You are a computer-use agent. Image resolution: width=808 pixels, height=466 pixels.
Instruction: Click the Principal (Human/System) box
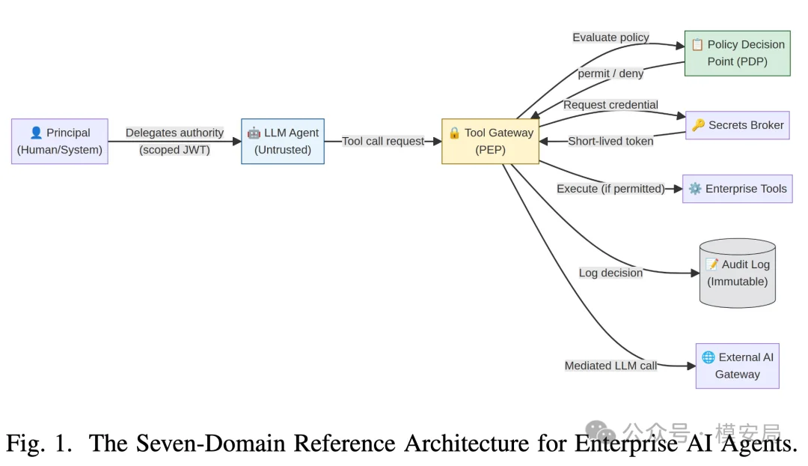pos(60,142)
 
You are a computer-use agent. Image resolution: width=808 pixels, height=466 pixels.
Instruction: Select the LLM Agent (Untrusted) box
pos(283,142)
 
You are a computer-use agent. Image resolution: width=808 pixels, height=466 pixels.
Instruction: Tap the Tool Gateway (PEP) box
pos(491,142)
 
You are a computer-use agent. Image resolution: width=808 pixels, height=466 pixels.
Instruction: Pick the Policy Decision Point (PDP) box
pos(738,53)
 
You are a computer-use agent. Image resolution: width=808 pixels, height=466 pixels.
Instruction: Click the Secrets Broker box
pos(738,125)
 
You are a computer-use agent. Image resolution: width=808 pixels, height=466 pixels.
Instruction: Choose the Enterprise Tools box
pos(738,189)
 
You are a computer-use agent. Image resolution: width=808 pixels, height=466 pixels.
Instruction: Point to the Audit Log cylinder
pos(738,273)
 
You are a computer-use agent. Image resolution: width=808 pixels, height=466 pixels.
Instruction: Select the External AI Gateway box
pos(738,366)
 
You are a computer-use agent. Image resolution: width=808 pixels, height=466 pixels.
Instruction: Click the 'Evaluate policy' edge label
pos(610,37)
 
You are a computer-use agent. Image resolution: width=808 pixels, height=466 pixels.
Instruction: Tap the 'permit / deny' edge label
pos(610,74)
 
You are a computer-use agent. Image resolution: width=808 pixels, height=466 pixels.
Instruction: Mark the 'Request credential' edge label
pos(610,105)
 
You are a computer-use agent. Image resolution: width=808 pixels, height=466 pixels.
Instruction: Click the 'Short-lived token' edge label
pos(610,142)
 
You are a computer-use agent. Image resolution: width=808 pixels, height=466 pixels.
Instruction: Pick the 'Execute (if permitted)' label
pos(610,189)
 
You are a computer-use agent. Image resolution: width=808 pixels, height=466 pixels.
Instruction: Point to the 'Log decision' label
pos(610,273)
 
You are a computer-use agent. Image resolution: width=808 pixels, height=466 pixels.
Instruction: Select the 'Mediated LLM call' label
pos(610,366)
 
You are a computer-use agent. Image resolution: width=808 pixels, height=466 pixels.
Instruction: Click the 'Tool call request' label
pos(383,142)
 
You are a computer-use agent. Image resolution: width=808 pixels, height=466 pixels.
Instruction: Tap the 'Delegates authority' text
pos(174,133)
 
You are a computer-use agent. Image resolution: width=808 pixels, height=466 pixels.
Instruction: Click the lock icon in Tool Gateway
pos(454,133)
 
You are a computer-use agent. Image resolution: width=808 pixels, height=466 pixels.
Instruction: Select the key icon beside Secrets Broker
pos(698,125)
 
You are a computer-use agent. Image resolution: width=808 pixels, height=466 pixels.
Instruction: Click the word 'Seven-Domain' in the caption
pos(210,444)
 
